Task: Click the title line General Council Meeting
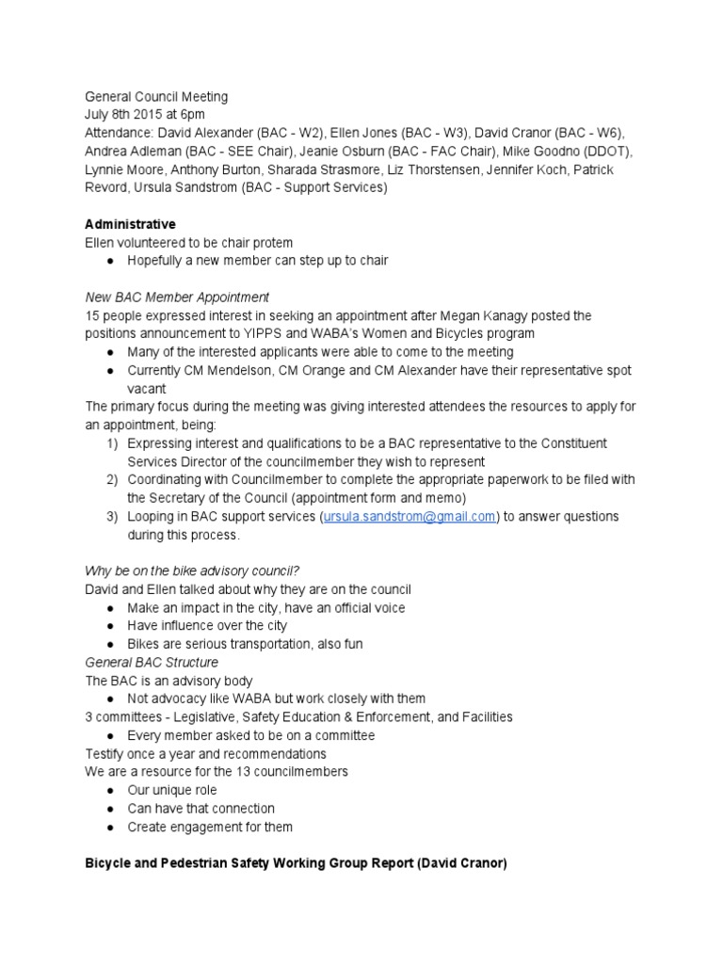(x=156, y=96)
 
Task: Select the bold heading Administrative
(x=130, y=224)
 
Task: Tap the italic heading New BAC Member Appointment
(x=177, y=297)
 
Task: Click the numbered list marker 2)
(x=111, y=480)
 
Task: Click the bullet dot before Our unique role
(x=110, y=790)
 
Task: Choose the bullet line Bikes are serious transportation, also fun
(x=245, y=644)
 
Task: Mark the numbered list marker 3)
(x=111, y=517)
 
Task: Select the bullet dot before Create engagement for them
(x=110, y=827)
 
